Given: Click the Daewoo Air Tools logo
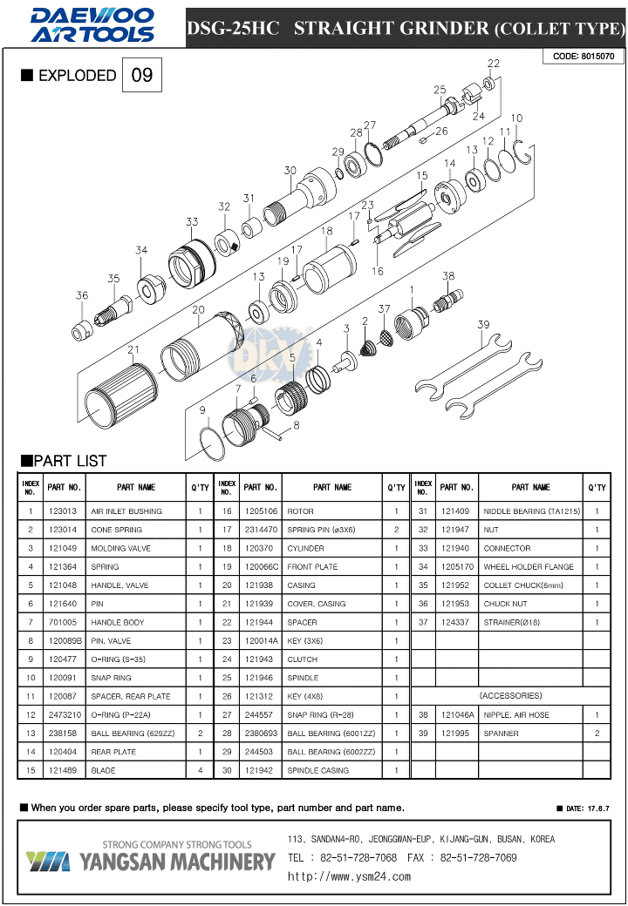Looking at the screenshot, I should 92,25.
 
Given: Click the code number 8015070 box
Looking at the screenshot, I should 584,57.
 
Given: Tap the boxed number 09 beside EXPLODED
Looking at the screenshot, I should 141,76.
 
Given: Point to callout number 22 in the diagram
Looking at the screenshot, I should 494,64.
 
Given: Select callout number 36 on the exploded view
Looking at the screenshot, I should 81,295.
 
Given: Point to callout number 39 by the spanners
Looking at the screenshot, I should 482,325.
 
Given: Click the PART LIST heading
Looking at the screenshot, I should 64,461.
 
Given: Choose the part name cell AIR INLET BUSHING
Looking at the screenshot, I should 126,511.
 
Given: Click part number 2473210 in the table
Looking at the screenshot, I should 64,714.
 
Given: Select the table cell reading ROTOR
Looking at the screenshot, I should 300,511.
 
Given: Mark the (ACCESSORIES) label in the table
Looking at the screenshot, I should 510,696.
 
